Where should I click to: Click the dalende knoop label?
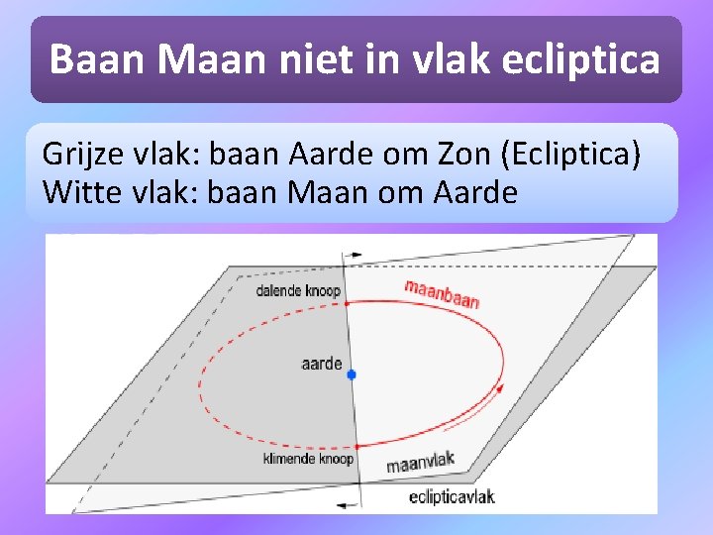click(297, 291)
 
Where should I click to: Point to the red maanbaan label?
click(442, 293)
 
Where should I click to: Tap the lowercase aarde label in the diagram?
click(322, 364)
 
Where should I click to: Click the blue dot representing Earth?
click(351, 374)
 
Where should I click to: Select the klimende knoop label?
click(308, 459)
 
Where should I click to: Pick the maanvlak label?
click(420, 462)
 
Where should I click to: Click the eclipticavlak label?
click(452, 497)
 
